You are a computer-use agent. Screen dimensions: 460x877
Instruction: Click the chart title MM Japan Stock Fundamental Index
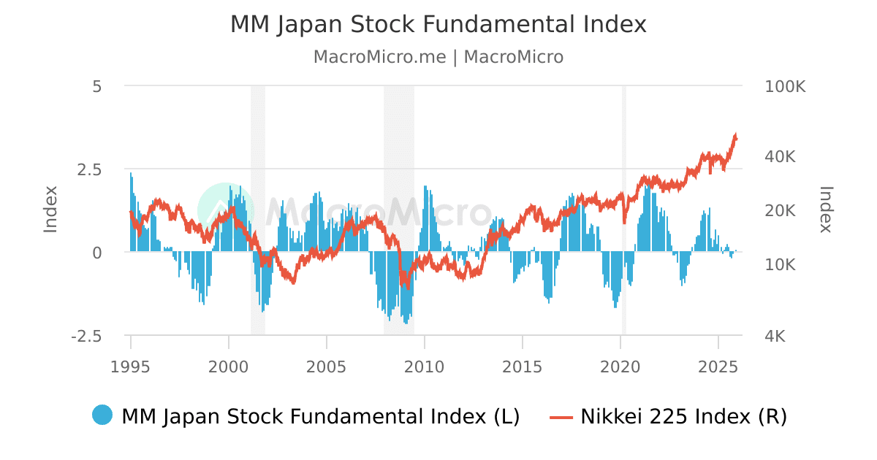(x=438, y=24)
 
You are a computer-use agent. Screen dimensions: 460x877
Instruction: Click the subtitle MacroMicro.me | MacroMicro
(x=438, y=57)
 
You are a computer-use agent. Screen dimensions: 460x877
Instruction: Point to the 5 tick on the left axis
(x=97, y=86)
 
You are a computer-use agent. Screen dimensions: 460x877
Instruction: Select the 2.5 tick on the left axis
(x=89, y=169)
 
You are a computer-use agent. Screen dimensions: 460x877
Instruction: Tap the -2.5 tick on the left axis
(x=86, y=337)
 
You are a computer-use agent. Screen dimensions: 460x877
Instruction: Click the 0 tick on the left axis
(x=97, y=253)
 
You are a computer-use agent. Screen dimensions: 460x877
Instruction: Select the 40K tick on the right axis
(x=781, y=157)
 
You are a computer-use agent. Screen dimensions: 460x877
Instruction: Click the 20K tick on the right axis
(x=781, y=210)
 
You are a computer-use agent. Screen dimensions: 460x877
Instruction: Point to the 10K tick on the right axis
(x=781, y=264)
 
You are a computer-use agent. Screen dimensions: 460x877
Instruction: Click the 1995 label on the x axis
(x=131, y=365)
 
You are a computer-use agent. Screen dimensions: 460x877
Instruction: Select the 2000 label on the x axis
(x=229, y=365)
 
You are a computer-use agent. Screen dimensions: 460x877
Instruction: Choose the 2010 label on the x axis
(x=425, y=365)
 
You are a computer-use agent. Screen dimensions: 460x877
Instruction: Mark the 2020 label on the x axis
(x=620, y=365)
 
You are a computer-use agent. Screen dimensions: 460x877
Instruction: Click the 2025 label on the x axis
(x=718, y=365)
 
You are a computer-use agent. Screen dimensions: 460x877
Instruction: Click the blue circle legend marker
(x=102, y=415)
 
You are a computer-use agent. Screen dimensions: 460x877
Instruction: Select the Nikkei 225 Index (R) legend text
(x=683, y=417)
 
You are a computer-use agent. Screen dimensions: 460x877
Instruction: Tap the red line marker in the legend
(x=561, y=417)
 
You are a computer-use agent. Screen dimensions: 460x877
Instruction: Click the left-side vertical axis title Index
(x=50, y=210)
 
